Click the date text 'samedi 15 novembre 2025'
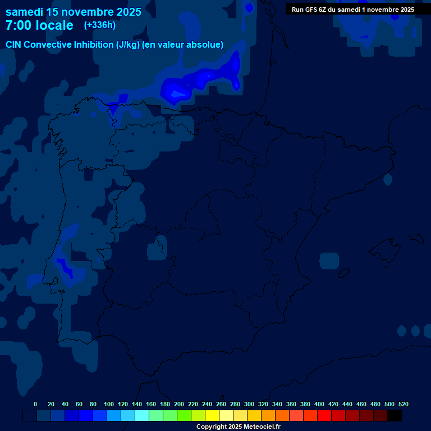click(x=74, y=11)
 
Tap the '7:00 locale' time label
click(x=39, y=25)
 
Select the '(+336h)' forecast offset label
click(x=100, y=25)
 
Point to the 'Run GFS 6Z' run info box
click(x=353, y=10)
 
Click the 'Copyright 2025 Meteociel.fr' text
click(x=238, y=427)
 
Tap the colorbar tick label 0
click(x=35, y=404)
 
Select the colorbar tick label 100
click(x=109, y=404)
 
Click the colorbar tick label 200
click(x=179, y=404)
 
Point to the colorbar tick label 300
click(x=249, y=404)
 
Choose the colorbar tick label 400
click(x=319, y=404)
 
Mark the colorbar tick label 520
click(x=403, y=404)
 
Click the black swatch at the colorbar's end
click(x=395, y=416)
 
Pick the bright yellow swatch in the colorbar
click(x=212, y=416)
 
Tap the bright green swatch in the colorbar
click(x=184, y=416)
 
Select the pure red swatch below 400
click(x=324, y=416)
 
